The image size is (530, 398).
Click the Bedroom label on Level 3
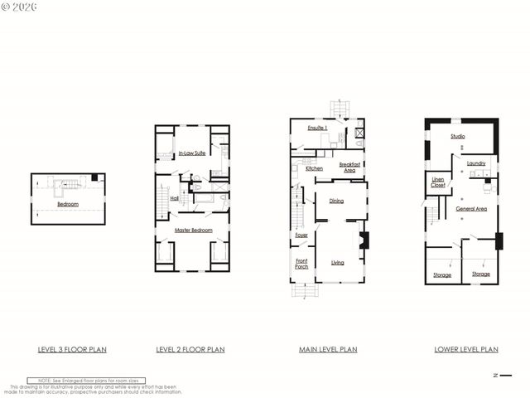(68, 203)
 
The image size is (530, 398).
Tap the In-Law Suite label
(191, 154)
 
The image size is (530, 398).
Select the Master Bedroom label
(191, 230)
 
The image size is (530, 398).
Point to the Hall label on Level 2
(175, 198)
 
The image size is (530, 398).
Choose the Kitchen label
(314, 168)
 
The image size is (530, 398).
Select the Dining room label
(336, 201)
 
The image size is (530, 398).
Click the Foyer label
(301, 235)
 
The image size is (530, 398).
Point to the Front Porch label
(301, 264)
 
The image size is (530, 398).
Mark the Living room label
(337, 263)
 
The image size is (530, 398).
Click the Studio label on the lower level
(457, 136)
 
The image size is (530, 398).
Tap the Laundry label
(475, 163)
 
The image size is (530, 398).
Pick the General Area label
(470, 209)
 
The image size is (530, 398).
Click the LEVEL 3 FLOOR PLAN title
(72, 350)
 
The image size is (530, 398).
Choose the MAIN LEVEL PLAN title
(328, 350)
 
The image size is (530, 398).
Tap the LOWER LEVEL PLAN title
(466, 350)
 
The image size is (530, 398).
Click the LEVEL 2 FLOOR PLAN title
(190, 350)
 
